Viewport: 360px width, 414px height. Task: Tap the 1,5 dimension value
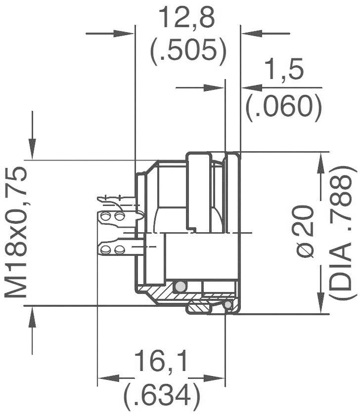(x=284, y=71)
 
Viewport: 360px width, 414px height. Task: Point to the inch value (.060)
(x=283, y=105)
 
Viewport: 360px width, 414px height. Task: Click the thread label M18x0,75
(x=16, y=232)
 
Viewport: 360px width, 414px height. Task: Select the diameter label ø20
(x=307, y=232)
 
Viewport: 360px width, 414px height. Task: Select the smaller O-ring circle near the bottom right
(x=227, y=305)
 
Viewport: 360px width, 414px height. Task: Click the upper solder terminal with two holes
(x=114, y=217)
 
